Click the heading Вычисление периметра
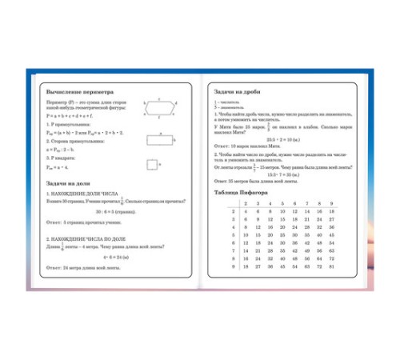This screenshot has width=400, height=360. [x=81, y=91]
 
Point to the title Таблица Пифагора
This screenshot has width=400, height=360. [x=245, y=193]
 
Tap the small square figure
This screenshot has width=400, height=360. [x=152, y=166]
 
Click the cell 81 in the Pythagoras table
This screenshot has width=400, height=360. [x=330, y=266]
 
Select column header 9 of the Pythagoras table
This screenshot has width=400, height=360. [x=330, y=203]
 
